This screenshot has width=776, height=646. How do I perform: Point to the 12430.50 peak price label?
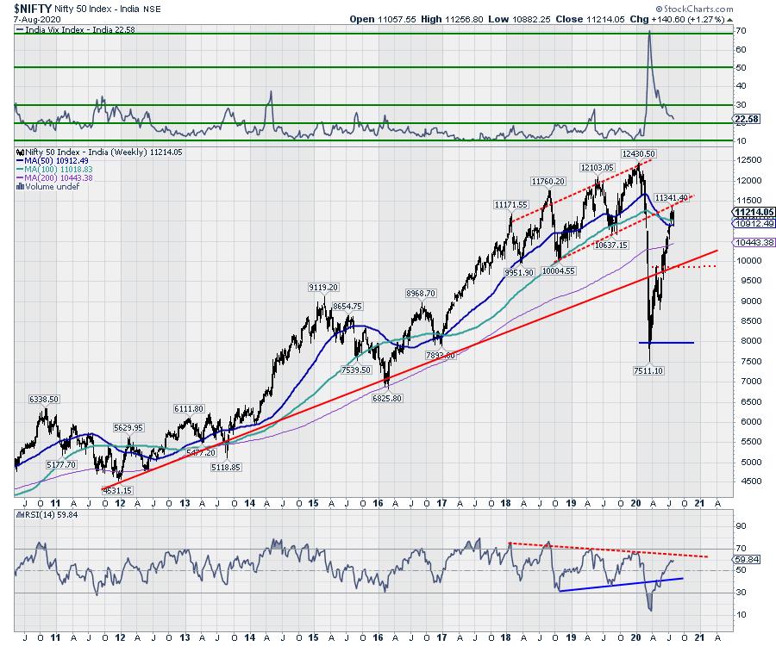(x=639, y=153)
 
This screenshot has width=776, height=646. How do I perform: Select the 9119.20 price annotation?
(x=321, y=287)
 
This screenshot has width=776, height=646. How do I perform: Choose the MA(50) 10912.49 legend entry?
(x=56, y=160)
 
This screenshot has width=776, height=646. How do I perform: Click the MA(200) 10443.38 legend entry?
(x=58, y=177)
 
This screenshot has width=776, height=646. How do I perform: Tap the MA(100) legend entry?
(x=58, y=169)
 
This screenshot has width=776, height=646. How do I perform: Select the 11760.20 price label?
(x=548, y=182)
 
